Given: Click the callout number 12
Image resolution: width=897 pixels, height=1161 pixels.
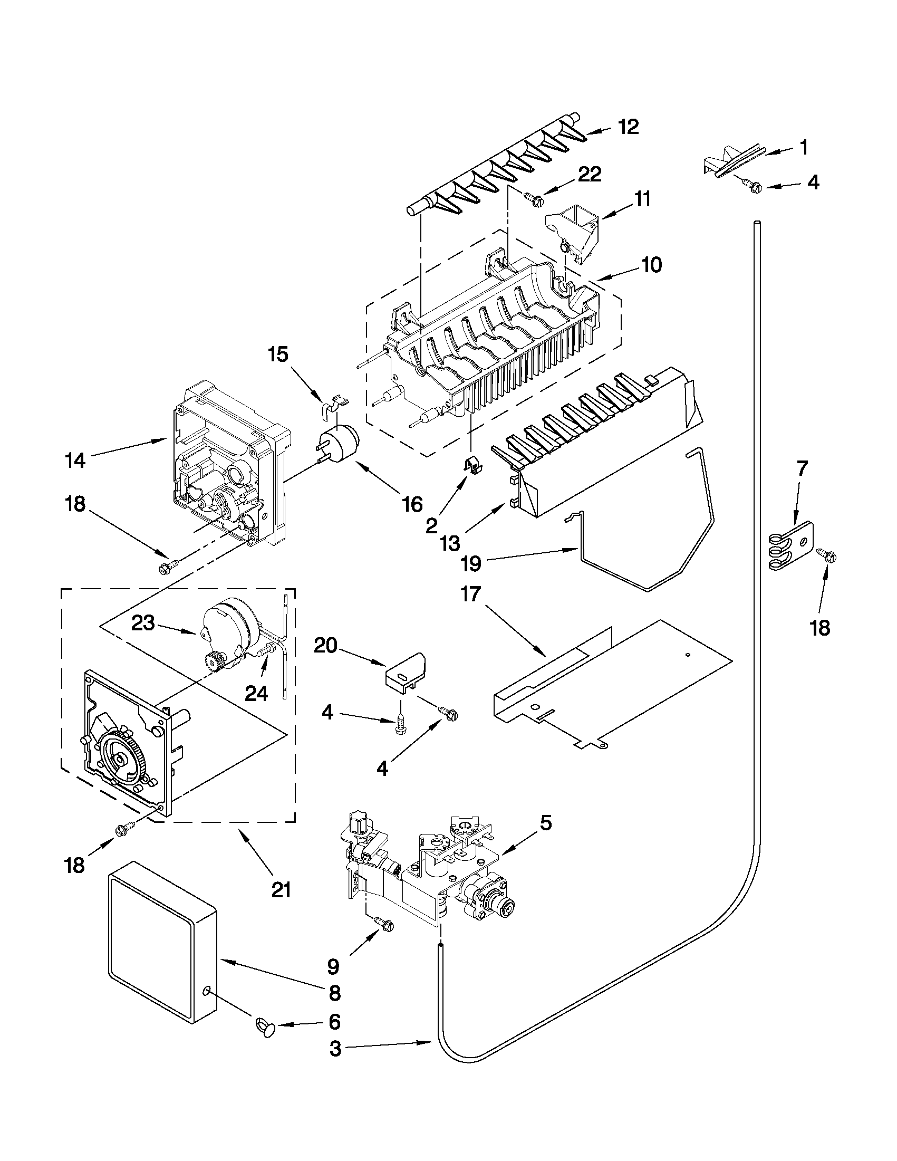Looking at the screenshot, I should click(629, 127).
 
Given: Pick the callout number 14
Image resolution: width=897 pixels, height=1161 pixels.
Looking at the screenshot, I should click(76, 460).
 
